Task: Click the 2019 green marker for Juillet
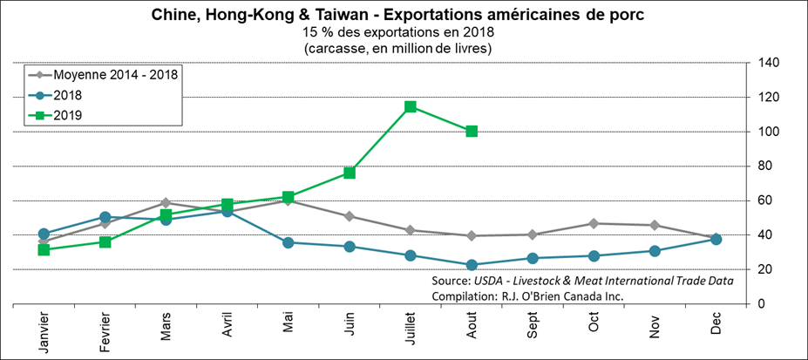tap(411, 106)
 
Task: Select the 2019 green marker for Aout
tap(472, 132)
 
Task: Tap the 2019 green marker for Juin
tap(350, 173)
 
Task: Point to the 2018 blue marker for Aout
tap(472, 265)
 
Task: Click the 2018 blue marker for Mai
tap(289, 242)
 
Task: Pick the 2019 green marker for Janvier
tap(44, 249)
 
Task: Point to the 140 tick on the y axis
tap(768, 63)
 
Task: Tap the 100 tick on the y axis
tap(768, 132)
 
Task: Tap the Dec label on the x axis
tap(716, 324)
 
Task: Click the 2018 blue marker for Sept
tap(533, 258)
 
